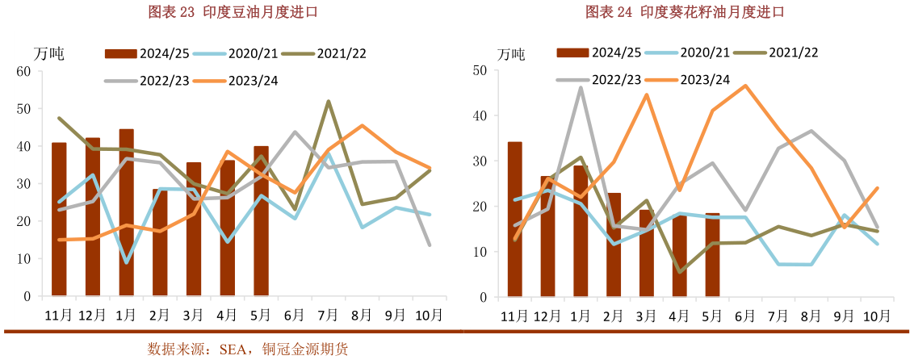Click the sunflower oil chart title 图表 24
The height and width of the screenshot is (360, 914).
(685, 12)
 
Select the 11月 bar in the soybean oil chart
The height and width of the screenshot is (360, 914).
(59, 220)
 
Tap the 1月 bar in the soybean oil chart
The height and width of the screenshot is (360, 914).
(126, 212)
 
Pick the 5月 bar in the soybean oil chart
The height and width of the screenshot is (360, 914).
(261, 221)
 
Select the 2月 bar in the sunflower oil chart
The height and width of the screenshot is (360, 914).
(614, 245)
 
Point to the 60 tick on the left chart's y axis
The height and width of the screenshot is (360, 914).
(23, 71)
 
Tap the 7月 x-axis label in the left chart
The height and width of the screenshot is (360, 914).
(328, 314)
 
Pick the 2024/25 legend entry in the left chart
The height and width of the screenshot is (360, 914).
(146, 53)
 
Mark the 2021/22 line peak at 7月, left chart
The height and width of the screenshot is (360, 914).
(329, 102)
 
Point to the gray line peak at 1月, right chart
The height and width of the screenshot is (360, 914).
(581, 88)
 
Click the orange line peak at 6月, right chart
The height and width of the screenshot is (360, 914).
(745, 85)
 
